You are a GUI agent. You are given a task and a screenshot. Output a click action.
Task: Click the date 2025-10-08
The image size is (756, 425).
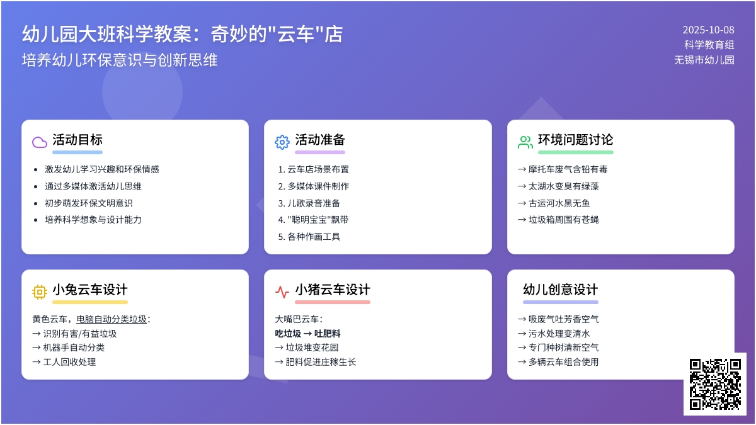[x=708, y=30]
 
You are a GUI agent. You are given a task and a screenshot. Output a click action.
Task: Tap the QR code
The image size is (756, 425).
[x=715, y=384]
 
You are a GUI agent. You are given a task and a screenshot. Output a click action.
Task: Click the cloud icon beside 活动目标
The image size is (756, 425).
[x=40, y=142]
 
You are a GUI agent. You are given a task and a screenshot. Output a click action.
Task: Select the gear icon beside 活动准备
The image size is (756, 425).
[x=282, y=142]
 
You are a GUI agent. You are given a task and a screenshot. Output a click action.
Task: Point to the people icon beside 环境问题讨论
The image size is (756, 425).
[x=525, y=142]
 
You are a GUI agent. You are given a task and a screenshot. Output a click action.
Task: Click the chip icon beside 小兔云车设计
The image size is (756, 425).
[x=40, y=292]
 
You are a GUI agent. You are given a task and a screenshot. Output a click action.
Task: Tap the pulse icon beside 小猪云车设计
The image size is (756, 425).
[x=282, y=292]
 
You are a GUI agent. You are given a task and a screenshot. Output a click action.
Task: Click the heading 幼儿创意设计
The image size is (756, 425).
[x=561, y=290]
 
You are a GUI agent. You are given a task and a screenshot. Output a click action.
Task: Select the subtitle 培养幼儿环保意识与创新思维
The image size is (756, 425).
[x=120, y=60]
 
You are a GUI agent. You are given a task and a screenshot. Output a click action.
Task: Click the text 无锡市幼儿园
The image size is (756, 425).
[x=704, y=60]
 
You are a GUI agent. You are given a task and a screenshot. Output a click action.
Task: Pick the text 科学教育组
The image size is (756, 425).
[x=709, y=45]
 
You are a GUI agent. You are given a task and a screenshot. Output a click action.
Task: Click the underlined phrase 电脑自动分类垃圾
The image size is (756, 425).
[x=112, y=319]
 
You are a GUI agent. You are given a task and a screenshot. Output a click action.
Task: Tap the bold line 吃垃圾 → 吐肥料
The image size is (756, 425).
[x=308, y=334]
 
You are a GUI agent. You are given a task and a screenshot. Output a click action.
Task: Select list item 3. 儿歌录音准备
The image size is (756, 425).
[x=309, y=203]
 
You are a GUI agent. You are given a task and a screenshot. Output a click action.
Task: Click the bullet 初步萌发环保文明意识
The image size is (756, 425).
[x=89, y=203]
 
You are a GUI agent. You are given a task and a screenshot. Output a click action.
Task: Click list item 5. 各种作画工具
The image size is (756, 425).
[x=309, y=237]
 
